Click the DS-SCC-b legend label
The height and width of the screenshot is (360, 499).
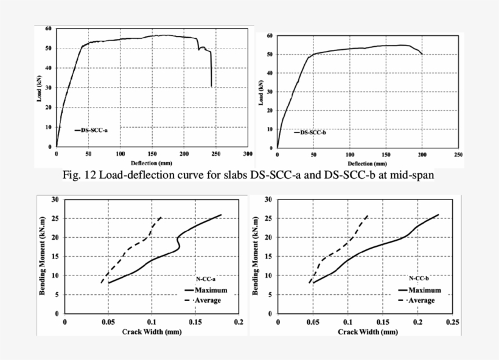[314, 133]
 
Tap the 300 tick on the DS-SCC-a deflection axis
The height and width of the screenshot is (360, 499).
[247, 154]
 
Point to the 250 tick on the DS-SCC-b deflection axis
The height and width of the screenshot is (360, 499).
[458, 156]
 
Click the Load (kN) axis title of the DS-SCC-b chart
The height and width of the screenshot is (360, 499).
[262, 91]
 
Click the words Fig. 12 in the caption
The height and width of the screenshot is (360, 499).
[82, 176]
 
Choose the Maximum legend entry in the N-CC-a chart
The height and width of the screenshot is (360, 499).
[208, 291]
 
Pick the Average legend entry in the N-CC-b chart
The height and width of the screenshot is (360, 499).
[421, 300]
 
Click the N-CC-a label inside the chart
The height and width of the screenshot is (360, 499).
[206, 279]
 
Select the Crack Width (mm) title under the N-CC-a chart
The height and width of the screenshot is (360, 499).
[152, 332]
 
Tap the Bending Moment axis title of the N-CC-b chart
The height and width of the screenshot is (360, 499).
[256, 256]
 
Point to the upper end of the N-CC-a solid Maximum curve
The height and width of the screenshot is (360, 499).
[220, 215]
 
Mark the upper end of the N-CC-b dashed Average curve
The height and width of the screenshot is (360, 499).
[368, 215]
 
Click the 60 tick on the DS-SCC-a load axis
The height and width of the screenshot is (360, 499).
[48, 29]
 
